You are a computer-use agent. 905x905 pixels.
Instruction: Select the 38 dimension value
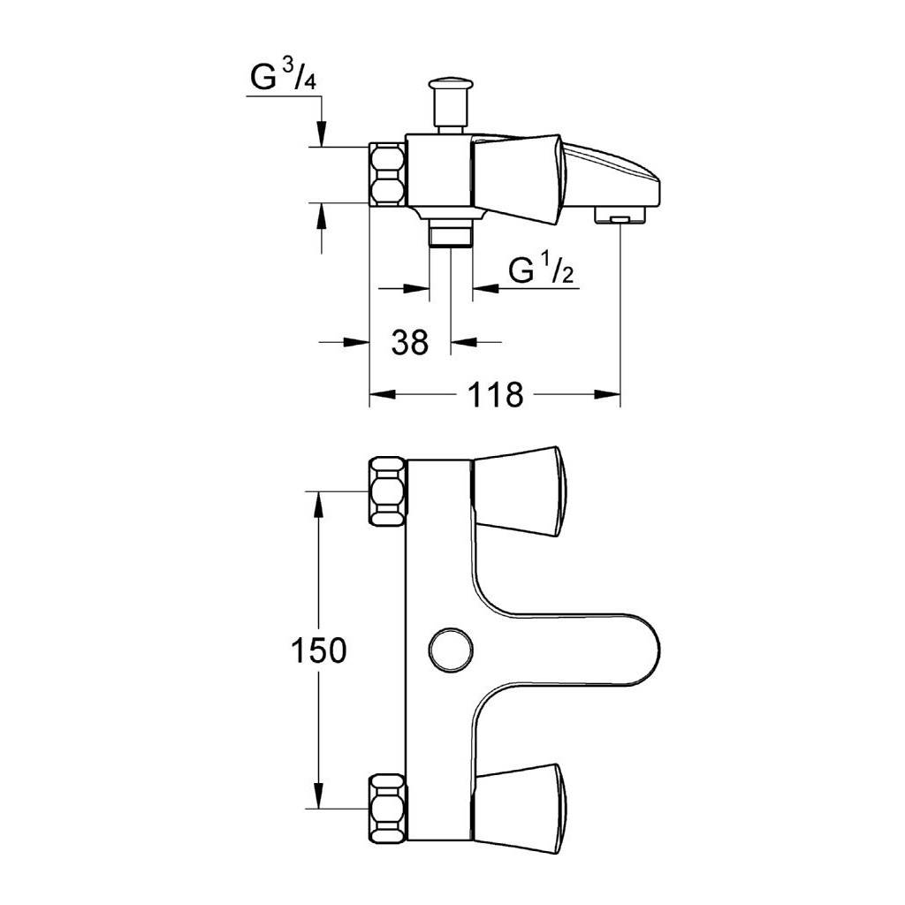click(410, 342)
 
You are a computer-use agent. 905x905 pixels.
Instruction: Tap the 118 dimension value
click(495, 395)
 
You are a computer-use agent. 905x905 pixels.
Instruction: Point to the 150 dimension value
click(318, 650)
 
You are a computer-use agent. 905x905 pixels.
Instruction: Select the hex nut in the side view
click(387, 174)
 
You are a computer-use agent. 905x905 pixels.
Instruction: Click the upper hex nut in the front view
click(387, 491)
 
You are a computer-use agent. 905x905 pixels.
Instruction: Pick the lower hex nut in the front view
click(387, 809)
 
